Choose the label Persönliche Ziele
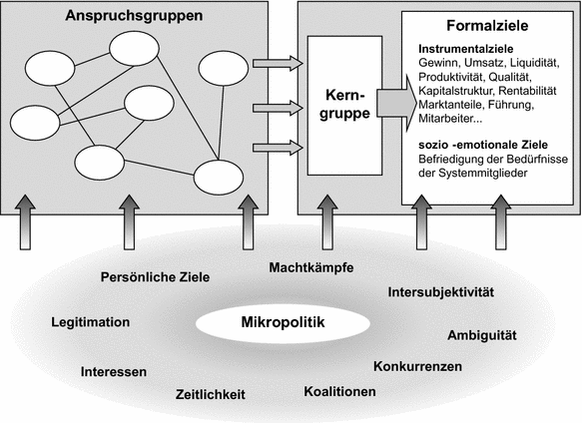click(x=156, y=277)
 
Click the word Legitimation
click(x=89, y=322)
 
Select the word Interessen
click(x=114, y=372)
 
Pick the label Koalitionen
click(x=339, y=391)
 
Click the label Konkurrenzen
click(x=417, y=366)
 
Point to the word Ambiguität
click(x=487, y=333)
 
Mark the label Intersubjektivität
click(x=440, y=292)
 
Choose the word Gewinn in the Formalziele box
click(x=439, y=63)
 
